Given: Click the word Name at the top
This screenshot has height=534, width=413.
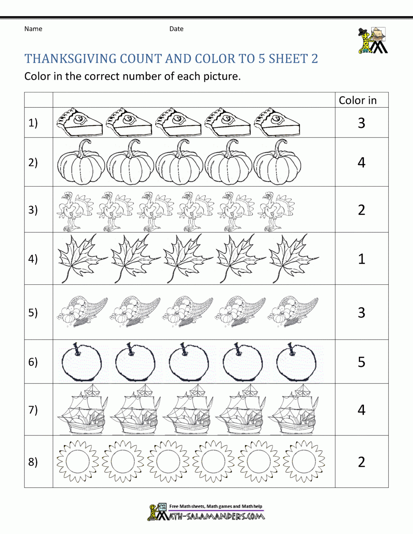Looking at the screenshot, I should [33, 29].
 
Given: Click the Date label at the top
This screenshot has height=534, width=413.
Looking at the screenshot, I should [176, 29].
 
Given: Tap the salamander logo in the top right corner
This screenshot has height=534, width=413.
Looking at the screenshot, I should [373, 40].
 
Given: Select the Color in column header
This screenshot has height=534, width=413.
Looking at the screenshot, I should [358, 100].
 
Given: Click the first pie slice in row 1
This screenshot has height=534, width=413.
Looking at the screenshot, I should [79, 122].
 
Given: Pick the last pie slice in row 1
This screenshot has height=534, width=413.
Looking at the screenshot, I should [276, 122].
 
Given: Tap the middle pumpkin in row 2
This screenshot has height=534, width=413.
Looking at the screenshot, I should [179, 162].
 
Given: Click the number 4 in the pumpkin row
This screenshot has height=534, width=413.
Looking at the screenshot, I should [361, 163].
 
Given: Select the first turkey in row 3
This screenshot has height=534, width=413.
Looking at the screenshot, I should [74, 210].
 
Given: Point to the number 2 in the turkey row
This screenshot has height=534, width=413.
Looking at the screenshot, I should [361, 210].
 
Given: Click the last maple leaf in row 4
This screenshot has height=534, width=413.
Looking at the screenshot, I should [293, 258].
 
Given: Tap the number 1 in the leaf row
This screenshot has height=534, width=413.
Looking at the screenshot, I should [362, 259].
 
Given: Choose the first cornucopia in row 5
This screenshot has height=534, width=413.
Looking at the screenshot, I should [82, 312].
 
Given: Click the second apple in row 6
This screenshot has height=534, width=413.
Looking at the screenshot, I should [135, 362].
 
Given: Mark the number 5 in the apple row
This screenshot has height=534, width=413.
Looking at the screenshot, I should [361, 362].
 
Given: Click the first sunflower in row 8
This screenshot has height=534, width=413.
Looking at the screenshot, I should [77, 461].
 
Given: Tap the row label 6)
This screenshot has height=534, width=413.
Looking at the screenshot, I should [33, 362].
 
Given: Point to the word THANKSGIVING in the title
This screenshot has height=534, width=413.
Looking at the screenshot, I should [70, 59].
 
